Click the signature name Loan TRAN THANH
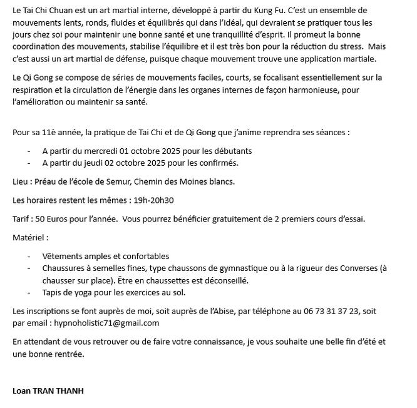coord(48,391)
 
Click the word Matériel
coord(29,237)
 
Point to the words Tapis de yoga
coord(68,292)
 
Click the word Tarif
coord(22,219)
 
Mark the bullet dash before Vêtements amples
coord(29,257)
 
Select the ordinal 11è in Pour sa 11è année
coord(48,133)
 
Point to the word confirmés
coord(217,163)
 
